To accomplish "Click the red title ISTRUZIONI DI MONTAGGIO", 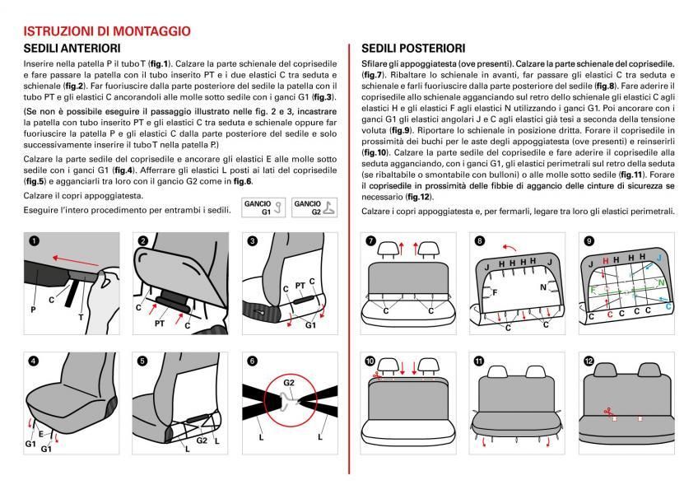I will [x=107, y=31].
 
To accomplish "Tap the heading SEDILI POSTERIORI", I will [x=413, y=49].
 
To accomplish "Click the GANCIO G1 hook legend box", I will [x=263, y=207].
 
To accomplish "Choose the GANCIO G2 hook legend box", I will [x=313, y=207].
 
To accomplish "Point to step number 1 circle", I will [x=34, y=241].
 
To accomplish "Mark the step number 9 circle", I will [x=589, y=241].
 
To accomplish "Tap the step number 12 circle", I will [x=589, y=361].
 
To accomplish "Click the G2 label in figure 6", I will [x=288, y=382].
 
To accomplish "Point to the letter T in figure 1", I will [x=81, y=317].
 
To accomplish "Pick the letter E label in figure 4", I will [x=40, y=434].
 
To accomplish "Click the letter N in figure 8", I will [x=544, y=287].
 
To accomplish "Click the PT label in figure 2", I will [x=161, y=324].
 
